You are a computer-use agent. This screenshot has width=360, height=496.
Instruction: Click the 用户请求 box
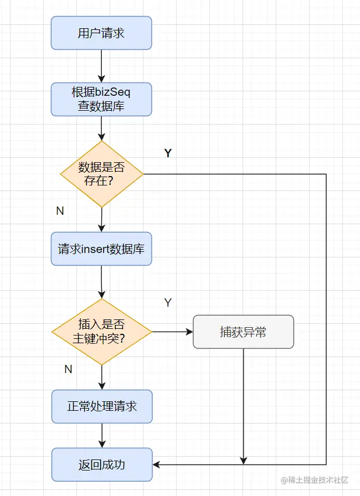click(x=101, y=33)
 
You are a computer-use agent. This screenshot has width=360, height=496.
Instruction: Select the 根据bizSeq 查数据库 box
click(x=101, y=99)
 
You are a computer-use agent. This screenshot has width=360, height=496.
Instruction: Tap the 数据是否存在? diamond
click(x=101, y=174)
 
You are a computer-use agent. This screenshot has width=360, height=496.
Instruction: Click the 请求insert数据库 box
click(x=101, y=249)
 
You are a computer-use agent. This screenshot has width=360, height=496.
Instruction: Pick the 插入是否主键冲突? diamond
click(x=101, y=332)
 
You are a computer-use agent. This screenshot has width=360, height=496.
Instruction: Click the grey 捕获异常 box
click(x=243, y=332)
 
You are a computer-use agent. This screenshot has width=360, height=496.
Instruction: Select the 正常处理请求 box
click(x=102, y=406)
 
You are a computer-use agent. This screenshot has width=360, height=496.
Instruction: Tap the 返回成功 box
click(x=102, y=464)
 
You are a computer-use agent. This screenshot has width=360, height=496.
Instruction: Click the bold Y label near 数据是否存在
click(x=168, y=153)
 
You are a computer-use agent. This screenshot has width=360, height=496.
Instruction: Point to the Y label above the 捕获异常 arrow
click(x=168, y=303)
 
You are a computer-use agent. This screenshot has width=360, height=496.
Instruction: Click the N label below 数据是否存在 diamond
click(x=60, y=211)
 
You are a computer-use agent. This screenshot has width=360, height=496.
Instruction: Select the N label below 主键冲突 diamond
click(x=68, y=369)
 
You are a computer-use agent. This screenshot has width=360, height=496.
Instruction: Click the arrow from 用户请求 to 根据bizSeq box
click(x=101, y=66)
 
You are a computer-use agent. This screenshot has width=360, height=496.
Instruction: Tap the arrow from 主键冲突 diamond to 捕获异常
click(x=173, y=332)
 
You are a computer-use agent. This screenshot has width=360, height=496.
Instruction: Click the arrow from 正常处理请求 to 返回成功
click(x=102, y=436)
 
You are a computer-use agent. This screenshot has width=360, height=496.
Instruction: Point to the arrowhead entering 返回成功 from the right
click(x=156, y=464)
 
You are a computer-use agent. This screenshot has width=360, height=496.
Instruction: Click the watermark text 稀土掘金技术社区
click(x=315, y=480)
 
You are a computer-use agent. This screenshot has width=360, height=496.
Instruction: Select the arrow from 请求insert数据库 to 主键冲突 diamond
click(x=101, y=282)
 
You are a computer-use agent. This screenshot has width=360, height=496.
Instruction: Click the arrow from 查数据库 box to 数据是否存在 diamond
click(x=101, y=128)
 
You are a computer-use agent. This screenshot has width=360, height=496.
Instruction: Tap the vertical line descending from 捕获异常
click(x=243, y=406)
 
